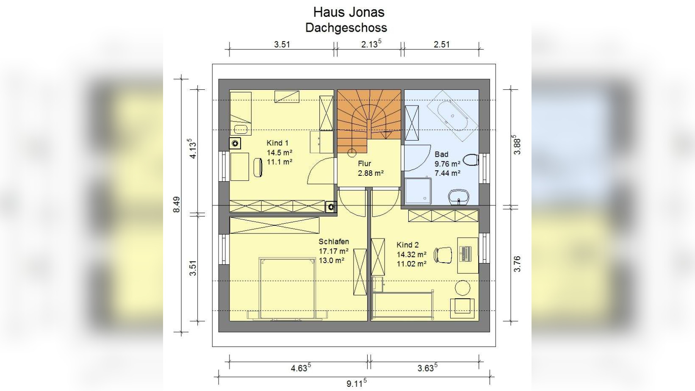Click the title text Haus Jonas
pos(349,12)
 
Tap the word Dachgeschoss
pos(346,28)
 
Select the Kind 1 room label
pos(277,143)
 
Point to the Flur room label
pos(364,164)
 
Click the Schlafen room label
pos(334,241)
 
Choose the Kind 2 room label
pos(408,245)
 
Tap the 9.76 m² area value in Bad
pos(447,164)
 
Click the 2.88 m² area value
pos(371,173)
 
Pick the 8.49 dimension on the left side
pos(177,205)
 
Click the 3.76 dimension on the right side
pos(517,264)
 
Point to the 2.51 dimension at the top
pos(441,44)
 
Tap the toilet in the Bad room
pos(471,161)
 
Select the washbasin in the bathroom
pos(459,197)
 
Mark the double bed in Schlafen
pos(287,288)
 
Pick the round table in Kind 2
pos(462,288)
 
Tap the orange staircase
pos(369,119)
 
